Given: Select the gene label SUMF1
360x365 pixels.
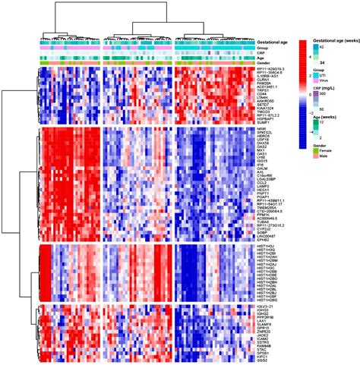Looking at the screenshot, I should click(x=264, y=121).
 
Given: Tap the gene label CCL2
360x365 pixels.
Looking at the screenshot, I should click(x=264, y=183).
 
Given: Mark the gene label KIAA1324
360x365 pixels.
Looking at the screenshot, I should click(x=267, y=108).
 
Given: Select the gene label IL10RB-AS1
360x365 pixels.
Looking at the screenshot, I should click(x=269, y=76).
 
